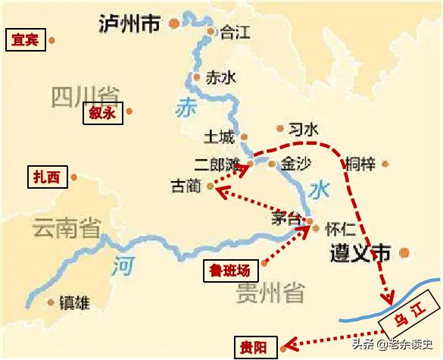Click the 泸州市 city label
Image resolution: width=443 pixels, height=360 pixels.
pyautogui.click(x=129, y=24)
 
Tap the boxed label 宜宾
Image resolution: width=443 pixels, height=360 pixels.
pyautogui.click(x=25, y=40)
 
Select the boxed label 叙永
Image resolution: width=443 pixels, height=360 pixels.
pyautogui.click(x=101, y=113)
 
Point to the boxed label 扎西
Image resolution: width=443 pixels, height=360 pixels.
pyautogui.click(x=45, y=177)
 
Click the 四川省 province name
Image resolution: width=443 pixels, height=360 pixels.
pyautogui.click(x=86, y=96)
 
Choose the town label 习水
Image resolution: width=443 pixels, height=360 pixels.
pyautogui.click(x=304, y=130)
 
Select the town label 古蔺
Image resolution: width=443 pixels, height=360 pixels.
pyautogui.click(x=186, y=186)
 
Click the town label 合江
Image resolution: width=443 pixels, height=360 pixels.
pyautogui.click(x=235, y=33)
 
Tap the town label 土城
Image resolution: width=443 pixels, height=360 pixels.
pyautogui.click(x=220, y=136)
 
